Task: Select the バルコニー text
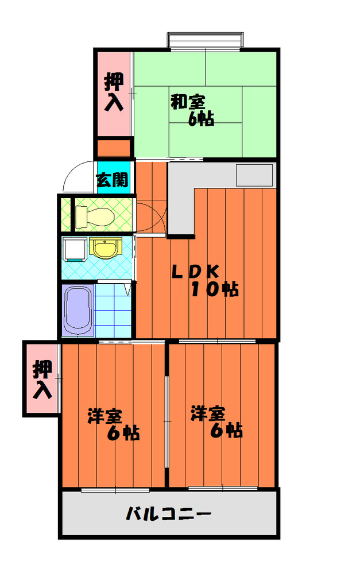pos(169,513)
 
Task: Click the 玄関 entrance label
pos(112,180)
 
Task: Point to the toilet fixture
pos(95,216)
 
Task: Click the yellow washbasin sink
pos(104,248)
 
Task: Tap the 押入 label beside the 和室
pos(114,92)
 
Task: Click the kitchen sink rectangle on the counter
pos(254,175)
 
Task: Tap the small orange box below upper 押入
pos(114,148)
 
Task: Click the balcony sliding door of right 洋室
pos(222,489)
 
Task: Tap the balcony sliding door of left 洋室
pos(115,490)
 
